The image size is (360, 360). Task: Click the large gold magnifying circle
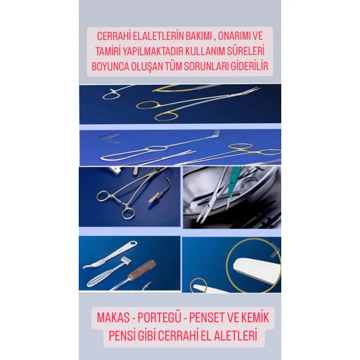[x=252, y=263]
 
